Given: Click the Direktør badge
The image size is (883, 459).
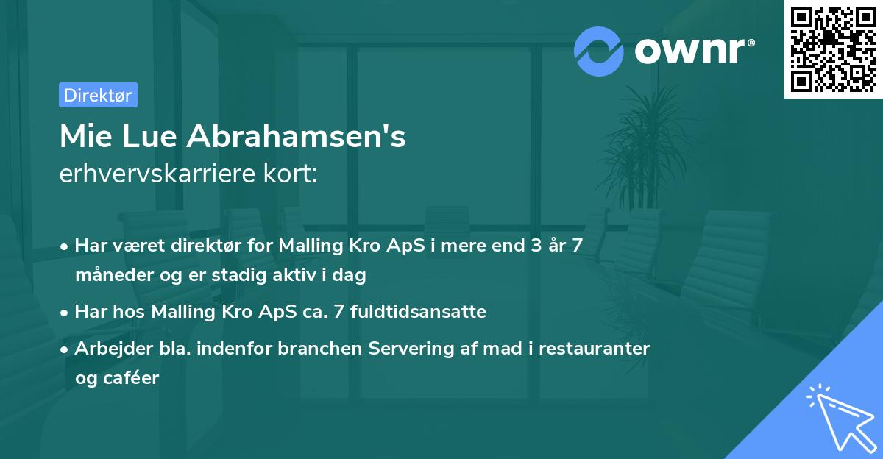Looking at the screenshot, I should (x=98, y=95).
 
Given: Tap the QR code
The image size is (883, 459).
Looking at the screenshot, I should (x=833, y=49).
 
